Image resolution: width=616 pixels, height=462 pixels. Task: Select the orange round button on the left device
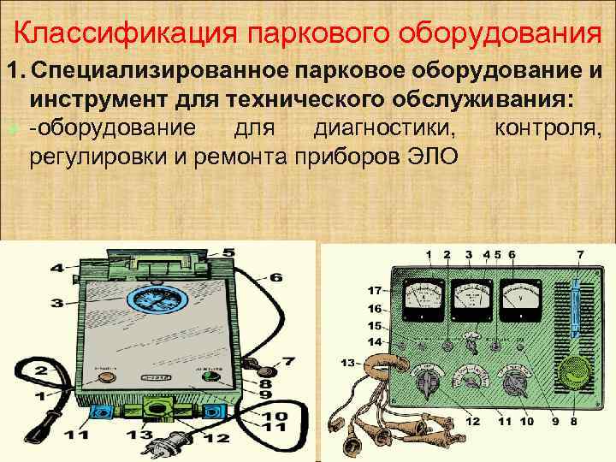pos(107,376)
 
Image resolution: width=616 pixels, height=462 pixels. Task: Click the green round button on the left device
pos(210,377)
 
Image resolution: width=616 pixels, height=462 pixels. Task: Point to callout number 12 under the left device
pos(216,439)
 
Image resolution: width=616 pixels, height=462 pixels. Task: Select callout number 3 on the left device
pos(56,302)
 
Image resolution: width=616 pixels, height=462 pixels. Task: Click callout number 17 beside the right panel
pos(375,290)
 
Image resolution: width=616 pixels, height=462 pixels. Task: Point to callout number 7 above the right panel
pos(581,254)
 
